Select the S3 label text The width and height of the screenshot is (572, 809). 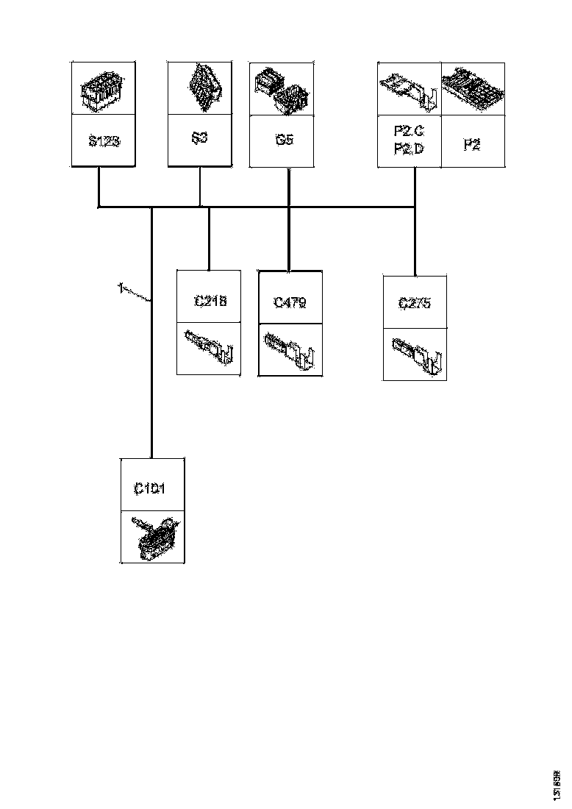tap(199, 138)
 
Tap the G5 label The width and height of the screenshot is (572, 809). tap(285, 139)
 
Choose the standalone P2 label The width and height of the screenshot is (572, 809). tap(472, 144)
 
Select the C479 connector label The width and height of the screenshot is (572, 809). tap(290, 302)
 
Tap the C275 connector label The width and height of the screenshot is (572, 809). tap(415, 303)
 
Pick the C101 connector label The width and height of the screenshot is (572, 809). tap(150, 488)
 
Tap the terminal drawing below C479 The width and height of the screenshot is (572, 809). tap(290, 351)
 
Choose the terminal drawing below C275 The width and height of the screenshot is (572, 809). tap(415, 354)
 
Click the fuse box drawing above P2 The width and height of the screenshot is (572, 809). tap(473, 89)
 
